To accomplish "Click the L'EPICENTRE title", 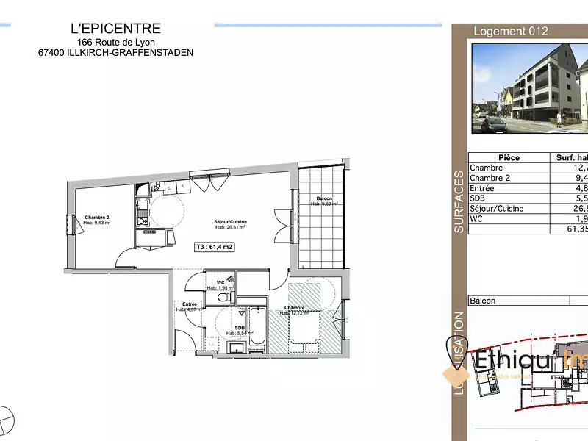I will click(x=115, y=29).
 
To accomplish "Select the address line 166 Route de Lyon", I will click(x=116, y=42).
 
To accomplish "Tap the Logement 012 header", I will click(x=511, y=32).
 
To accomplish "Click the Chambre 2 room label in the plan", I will click(x=97, y=218).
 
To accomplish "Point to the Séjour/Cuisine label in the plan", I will click(x=229, y=222).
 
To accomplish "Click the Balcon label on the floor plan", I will click(x=323, y=199).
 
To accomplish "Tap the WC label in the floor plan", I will click(x=220, y=282).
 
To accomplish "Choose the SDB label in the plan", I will click(x=240, y=328).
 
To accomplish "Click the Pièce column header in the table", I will click(x=509, y=158).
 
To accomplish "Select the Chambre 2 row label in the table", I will click(x=490, y=178).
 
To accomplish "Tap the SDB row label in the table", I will click(x=479, y=198).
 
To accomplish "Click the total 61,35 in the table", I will click(x=573, y=229).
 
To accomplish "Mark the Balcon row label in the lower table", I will click(x=483, y=301).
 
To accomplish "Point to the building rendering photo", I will click(x=529, y=88).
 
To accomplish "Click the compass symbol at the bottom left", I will click(x=4, y=421).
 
